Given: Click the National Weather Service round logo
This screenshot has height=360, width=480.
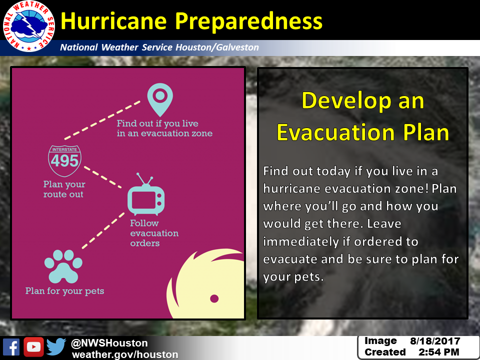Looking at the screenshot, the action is pos(29,26).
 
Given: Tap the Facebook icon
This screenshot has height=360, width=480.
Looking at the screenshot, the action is pos(11,347).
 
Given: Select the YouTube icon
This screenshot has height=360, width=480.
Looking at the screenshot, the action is pos(33,347).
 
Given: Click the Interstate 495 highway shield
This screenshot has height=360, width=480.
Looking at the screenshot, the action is pos(64,160).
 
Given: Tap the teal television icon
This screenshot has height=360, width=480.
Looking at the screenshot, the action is pos(146,194).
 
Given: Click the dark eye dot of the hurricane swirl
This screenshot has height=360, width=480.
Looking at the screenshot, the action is pos(214,298).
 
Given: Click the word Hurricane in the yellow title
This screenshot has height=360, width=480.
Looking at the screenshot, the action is pos(113,21).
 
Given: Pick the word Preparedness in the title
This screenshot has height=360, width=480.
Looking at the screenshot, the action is pos(248,21).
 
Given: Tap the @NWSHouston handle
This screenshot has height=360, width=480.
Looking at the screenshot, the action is pos(109,343).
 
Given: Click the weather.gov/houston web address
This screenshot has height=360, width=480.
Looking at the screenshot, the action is pos(125,354).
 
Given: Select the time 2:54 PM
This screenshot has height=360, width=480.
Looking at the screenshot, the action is pos(439,352).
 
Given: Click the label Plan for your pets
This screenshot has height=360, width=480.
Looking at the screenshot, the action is pos(64,291).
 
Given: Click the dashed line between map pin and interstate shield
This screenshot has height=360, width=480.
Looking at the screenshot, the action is pos(102,120).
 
